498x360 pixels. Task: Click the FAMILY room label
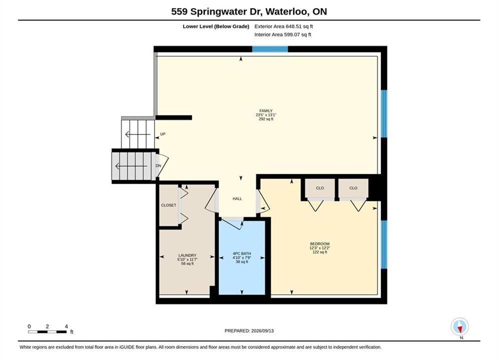coord(266,110)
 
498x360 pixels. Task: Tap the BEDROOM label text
coord(319,243)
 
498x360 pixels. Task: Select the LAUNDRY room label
coord(187,255)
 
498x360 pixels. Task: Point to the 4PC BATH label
coord(242,253)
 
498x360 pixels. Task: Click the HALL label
coord(237,198)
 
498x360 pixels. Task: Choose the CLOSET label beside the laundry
coord(169,205)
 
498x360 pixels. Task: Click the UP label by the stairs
coord(163,134)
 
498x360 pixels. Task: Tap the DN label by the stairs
coord(158,166)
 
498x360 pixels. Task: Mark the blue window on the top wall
coord(270,49)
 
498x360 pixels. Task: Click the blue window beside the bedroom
coord(384,244)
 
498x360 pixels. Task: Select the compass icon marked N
coord(460,326)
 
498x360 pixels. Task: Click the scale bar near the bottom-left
coord(48,332)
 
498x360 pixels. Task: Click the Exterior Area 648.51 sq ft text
coord(284,26)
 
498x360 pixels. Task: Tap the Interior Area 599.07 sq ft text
coord(283,34)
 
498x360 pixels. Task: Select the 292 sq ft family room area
coord(266,119)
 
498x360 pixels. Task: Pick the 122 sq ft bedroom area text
coord(320,252)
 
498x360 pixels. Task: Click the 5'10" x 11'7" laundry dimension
coord(187,259)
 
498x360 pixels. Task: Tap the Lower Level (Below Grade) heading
coord(216,26)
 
